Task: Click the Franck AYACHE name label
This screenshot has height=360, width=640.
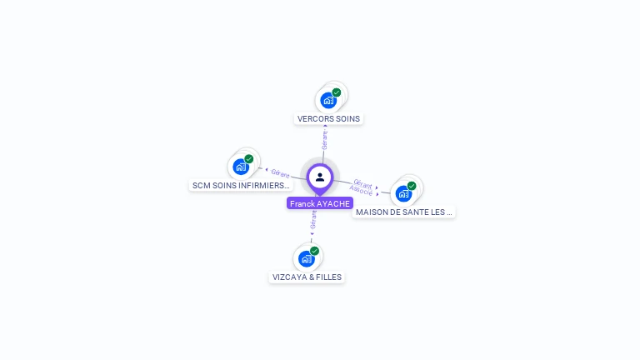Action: click(x=320, y=203)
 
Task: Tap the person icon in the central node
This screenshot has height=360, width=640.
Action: click(x=320, y=177)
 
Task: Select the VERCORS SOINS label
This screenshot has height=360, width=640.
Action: click(x=328, y=118)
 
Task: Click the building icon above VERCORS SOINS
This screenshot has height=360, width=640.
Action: click(x=328, y=101)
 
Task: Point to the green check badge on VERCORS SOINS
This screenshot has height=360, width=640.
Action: click(x=337, y=92)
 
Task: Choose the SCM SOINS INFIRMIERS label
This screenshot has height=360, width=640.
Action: click(x=241, y=185)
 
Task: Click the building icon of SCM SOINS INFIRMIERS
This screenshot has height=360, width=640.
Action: click(x=241, y=167)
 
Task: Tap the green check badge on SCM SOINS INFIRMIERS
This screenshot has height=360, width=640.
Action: click(x=249, y=158)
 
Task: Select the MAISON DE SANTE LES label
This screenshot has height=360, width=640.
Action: click(x=404, y=212)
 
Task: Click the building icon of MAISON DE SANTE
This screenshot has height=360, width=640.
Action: click(x=403, y=193)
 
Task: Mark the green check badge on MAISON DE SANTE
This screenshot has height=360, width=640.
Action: click(x=412, y=186)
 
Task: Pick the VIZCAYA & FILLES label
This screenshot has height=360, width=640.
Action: click(x=307, y=277)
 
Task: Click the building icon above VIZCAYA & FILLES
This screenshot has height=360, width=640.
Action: click(x=307, y=259)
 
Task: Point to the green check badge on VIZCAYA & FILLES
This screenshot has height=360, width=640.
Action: click(x=315, y=251)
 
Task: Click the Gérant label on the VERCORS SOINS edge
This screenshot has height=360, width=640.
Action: click(x=324, y=140)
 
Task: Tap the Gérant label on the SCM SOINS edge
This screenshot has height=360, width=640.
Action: click(x=280, y=173)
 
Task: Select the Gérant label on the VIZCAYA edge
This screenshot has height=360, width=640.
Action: click(x=313, y=219)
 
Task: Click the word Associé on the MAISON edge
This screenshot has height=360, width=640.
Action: click(x=361, y=191)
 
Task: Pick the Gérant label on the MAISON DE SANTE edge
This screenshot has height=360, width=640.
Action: click(x=362, y=182)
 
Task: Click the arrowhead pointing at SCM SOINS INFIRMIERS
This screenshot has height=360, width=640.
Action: click(x=266, y=171)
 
